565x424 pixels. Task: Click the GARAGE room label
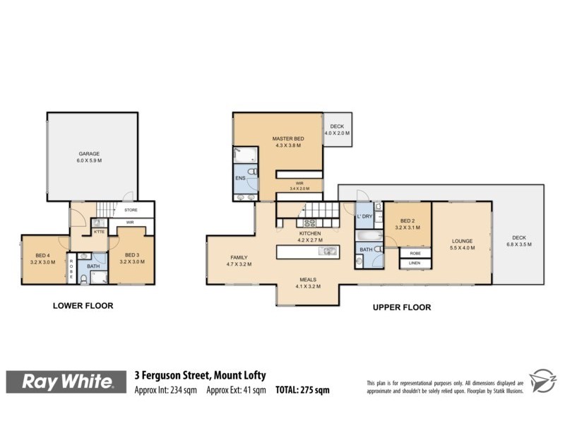[x=89, y=153]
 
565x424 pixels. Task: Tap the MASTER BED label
[x=288, y=139]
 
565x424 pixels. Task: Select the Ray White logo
[x=66, y=382]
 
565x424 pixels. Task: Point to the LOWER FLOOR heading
[x=83, y=306]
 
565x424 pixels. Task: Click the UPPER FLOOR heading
[x=402, y=307]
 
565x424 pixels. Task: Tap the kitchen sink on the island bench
[x=328, y=251]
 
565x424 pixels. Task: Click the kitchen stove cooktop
[x=309, y=223]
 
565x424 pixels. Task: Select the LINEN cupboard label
[x=415, y=263]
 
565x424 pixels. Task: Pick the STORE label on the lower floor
[x=131, y=210]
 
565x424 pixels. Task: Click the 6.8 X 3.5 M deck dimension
[x=519, y=245]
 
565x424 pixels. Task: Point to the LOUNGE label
[x=463, y=241]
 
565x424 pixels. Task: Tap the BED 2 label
[x=408, y=220]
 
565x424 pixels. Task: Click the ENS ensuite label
[x=240, y=178]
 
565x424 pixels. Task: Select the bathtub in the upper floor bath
[x=369, y=236]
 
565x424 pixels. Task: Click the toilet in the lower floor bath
[x=83, y=280]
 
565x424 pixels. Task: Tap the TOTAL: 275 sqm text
[x=302, y=390]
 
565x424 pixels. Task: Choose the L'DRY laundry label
[x=364, y=216]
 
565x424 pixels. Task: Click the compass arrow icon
[x=542, y=380]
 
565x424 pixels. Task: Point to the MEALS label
[x=308, y=279]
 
